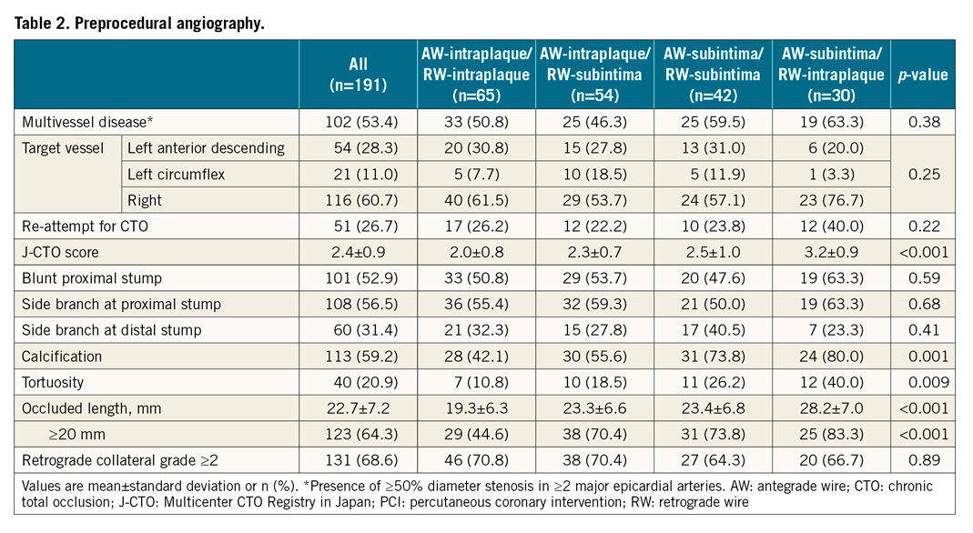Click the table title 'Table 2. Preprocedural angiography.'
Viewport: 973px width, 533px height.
point(138,24)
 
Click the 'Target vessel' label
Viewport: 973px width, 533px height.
point(64,148)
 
